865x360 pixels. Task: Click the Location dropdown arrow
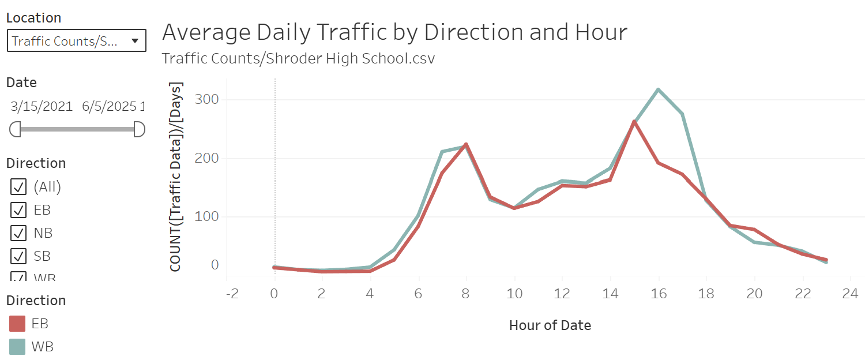coord(135,41)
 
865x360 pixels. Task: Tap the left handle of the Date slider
coord(15,129)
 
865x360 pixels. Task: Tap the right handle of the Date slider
coord(139,129)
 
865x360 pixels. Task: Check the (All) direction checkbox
coord(18,186)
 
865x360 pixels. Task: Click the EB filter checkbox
coord(18,209)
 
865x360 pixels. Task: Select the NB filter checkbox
coord(18,232)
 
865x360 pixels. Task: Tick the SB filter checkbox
coord(18,256)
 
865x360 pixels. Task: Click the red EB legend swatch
coord(17,324)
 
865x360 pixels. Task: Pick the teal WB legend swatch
coord(17,347)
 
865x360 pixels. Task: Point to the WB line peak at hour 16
coord(658,89)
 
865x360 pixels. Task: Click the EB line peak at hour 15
coord(634,122)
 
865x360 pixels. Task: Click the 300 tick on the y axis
coord(207,99)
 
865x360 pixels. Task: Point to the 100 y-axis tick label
coord(207,217)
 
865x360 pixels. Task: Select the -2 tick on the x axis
coord(232,294)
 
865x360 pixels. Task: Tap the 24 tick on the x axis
coord(850,294)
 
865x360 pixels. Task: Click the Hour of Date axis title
coord(550,325)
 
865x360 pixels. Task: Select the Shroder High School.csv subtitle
coord(298,59)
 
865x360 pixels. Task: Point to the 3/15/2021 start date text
coord(42,106)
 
